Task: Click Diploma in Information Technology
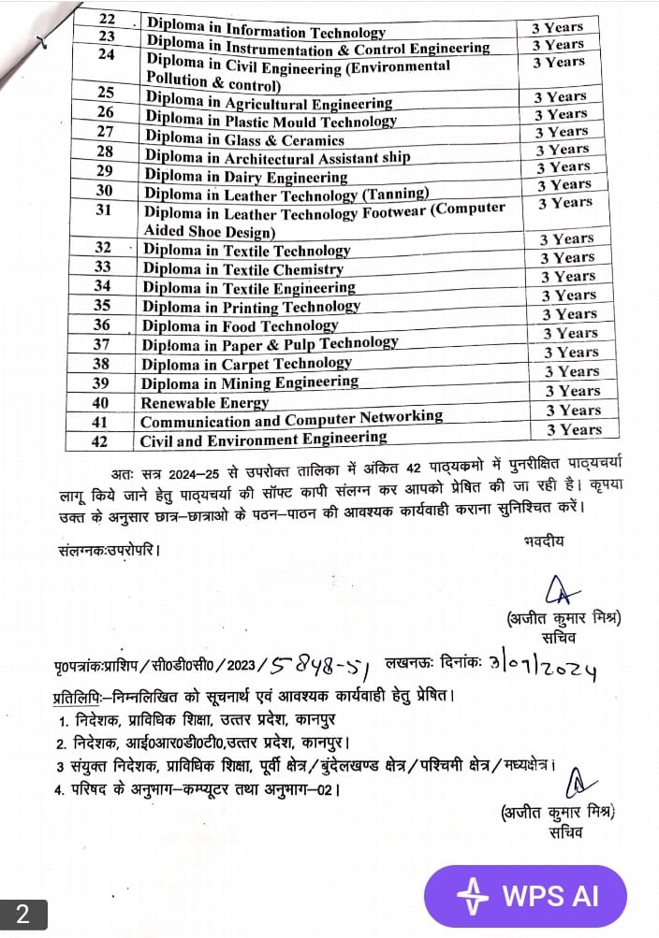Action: tap(266, 32)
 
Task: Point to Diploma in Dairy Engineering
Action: tap(246, 176)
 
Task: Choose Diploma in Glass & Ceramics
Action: tap(244, 139)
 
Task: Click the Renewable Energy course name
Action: tap(204, 402)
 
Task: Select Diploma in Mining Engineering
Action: tap(249, 382)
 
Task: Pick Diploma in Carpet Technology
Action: tap(246, 363)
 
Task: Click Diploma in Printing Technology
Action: tap(251, 307)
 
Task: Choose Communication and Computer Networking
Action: tap(291, 419)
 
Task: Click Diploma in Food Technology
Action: tap(240, 325)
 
